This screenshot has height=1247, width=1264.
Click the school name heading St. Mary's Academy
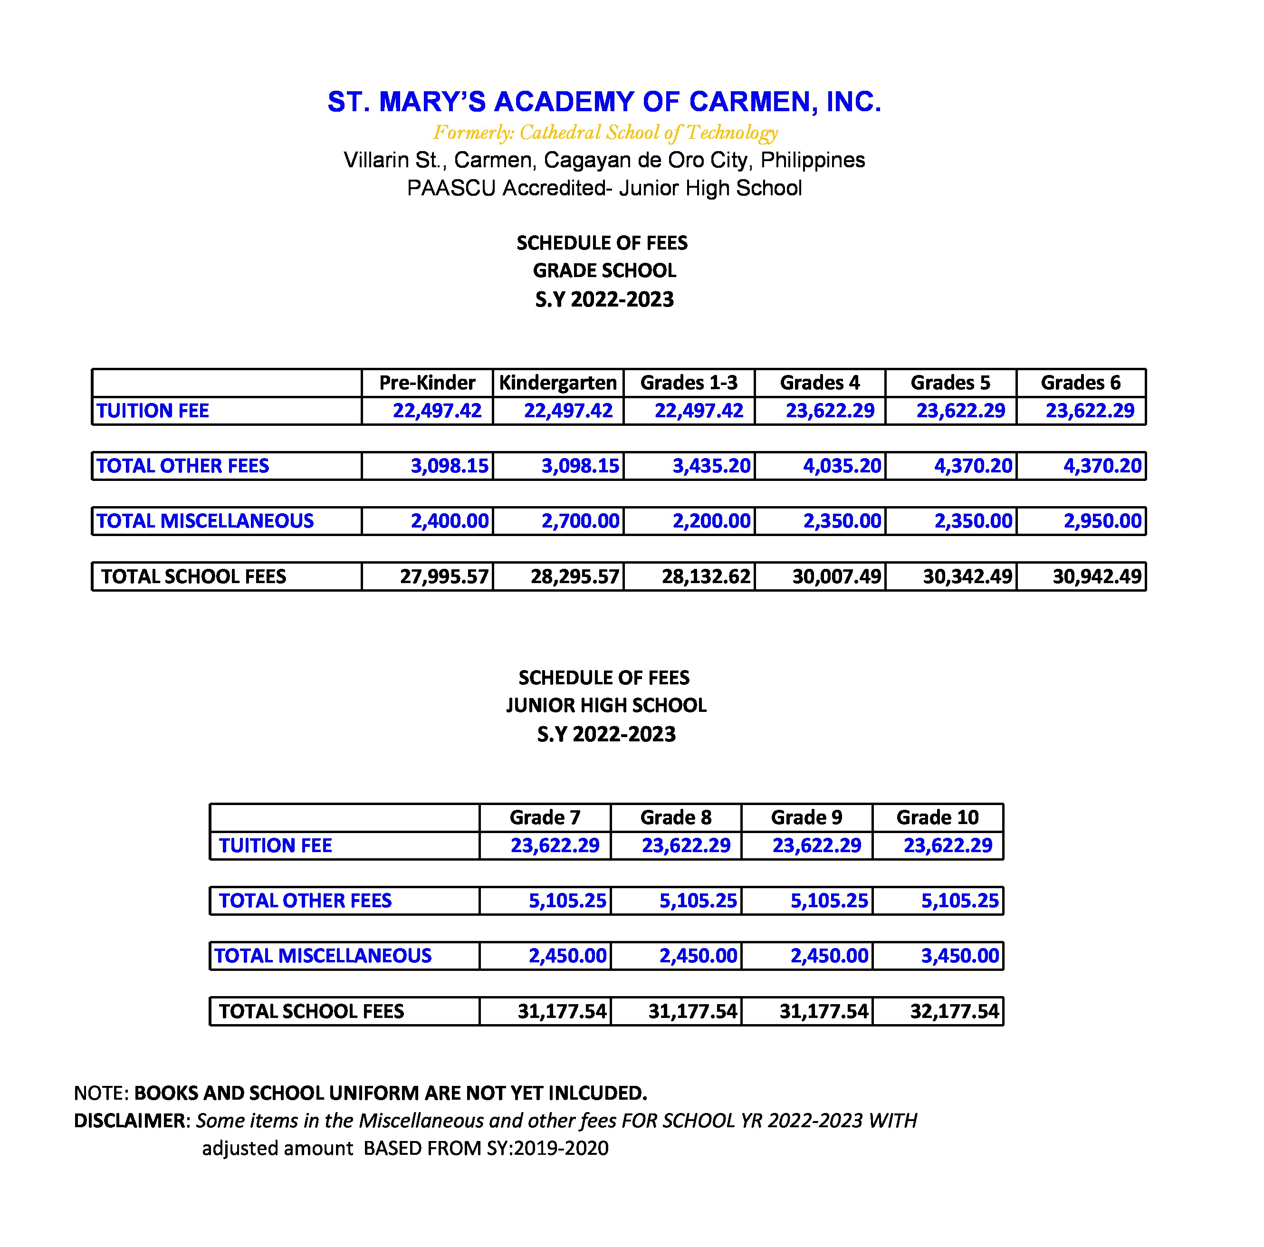point(604,102)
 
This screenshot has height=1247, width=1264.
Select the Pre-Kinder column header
point(427,383)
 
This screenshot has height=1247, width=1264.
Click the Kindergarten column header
point(557,383)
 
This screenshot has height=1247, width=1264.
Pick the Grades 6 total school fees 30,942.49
point(1097,576)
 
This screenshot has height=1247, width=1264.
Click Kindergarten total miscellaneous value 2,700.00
point(580,521)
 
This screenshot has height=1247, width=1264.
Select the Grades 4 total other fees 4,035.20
point(842,466)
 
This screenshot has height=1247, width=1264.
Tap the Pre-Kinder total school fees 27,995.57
point(444,576)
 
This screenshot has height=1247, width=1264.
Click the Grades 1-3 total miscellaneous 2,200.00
point(711,521)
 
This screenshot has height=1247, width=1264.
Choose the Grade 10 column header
point(937,817)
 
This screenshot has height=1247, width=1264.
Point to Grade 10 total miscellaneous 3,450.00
point(960,956)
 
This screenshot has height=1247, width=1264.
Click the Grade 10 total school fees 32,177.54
point(955,1011)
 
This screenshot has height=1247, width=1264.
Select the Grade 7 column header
point(545,817)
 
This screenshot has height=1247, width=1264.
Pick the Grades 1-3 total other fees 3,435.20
point(711,466)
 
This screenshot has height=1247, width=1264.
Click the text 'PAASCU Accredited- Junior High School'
point(604,188)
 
